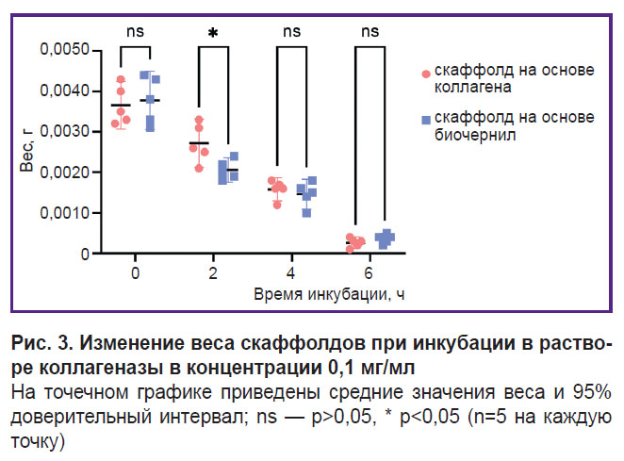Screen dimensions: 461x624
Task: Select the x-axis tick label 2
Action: point(213,273)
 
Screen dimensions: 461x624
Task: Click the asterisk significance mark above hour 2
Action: point(213,34)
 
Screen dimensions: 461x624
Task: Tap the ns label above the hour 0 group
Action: point(136,31)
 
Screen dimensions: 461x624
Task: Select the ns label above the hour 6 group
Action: point(369,31)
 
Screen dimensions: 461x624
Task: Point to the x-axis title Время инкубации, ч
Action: point(330,294)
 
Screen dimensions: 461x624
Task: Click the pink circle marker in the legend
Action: point(426,74)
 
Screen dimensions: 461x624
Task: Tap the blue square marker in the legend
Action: point(426,120)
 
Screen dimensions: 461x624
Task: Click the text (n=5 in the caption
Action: point(468,417)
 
